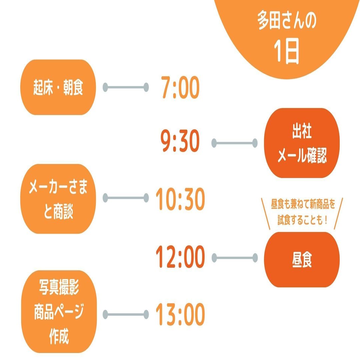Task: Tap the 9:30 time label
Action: click(180, 143)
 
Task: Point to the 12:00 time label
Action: click(180, 257)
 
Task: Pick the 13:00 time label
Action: click(180, 314)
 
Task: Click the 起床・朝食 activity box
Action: click(58, 87)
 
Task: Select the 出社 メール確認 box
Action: click(302, 143)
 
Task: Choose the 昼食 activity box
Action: click(302, 259)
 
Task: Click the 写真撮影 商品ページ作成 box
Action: click(58, 312)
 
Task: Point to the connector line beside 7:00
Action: click(125, 87)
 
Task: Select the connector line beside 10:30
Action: click(125, 198)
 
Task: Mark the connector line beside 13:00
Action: click(125, 314)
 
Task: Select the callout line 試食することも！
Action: click(302, 220)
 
